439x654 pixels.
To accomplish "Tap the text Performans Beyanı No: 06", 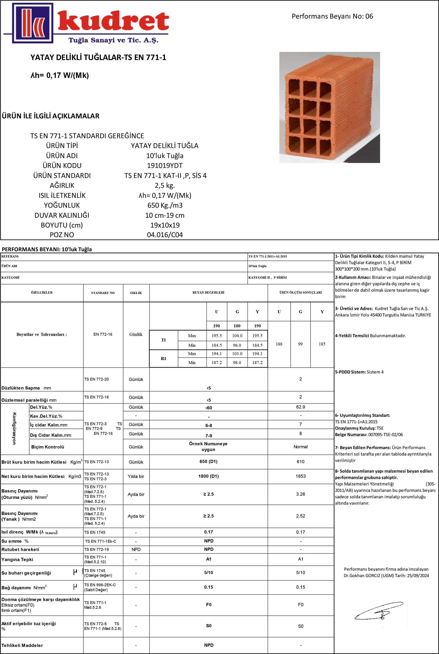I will tap(332, 16).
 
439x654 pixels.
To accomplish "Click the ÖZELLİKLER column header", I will tap(42, 292).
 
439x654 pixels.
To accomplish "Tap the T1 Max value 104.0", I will tap(237, 335).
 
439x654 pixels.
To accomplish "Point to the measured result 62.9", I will tap(301, 407).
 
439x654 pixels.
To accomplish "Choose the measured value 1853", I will tap(301, 476).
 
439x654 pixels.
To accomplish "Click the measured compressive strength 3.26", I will tap(301, 494).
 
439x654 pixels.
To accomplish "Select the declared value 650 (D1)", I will tap(208, 461).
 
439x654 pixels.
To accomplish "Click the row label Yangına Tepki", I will tap(17, 559).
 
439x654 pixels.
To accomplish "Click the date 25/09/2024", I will tap(418, 576).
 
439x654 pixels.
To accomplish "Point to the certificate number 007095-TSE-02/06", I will tap(386, 435).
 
